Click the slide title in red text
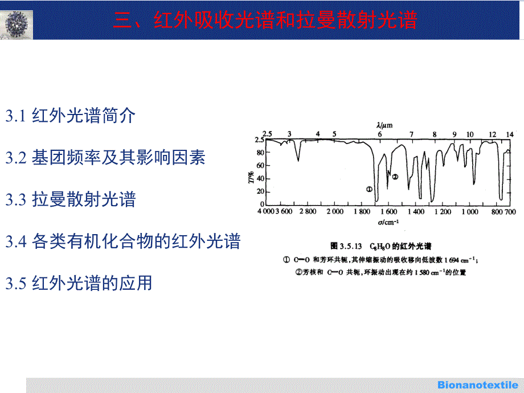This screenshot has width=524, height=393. click(x=265, y=20)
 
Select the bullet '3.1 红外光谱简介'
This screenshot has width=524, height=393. click(x=71, y=116)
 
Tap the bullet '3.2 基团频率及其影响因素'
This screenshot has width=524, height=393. click(x=105, y=157)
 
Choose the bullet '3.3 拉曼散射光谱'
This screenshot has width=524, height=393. click(x=71, y=199)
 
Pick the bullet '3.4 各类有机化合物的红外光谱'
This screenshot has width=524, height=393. click(x=123, y=241)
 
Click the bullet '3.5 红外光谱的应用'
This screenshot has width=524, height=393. click(x=79, y=283)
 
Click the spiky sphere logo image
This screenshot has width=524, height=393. click(x=17, y=24)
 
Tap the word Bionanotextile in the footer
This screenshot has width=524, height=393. click(x=478, y=384)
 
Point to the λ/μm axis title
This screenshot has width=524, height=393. click(x=384, y=125)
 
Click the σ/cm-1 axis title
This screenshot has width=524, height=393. click(x=388, y=222)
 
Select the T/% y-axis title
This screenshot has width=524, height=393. click(x=251, y=177)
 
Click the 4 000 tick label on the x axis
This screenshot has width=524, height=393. click(x=265, y=211)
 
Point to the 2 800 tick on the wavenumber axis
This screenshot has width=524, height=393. click(x=308, y=211)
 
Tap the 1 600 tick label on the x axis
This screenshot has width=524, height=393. click(x=388, y=211)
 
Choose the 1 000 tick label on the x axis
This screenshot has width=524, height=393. click(x=470, y=211)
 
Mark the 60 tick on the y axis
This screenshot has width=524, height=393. click(x=260, y=165)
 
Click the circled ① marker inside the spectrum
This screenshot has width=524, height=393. click(x=369, y=189)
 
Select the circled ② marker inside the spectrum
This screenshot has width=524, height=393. click(x=395, y=177)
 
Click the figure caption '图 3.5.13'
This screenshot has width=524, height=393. click(x=346, y=246)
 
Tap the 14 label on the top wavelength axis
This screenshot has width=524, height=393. click(x=510, y=134)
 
